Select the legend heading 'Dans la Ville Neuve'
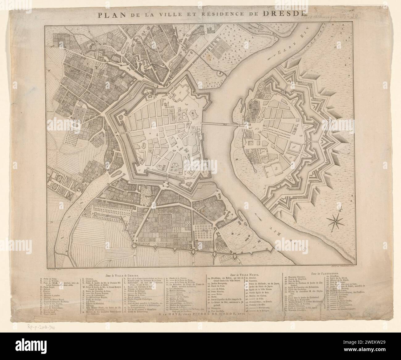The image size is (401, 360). [x=245, y=274]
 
